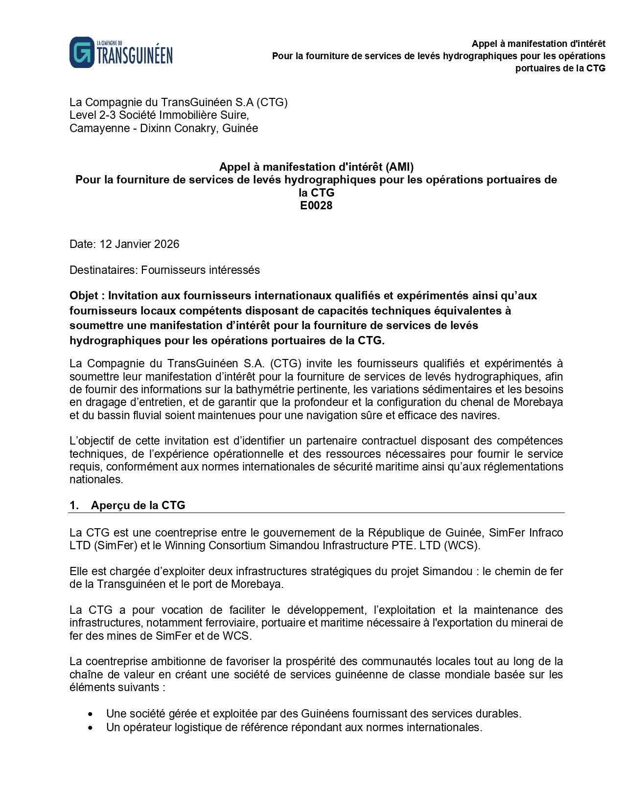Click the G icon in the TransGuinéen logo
[82, 52]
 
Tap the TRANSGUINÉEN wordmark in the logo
[135, 56]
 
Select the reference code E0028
[316, 205]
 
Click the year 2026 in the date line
[166, 244]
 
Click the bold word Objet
[84, 296]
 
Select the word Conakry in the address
[196, 128]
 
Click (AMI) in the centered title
[400, 167]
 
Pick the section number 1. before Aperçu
[74, 505]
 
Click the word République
[397, 533]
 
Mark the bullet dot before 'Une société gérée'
[91, 714]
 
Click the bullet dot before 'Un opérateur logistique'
[91, 728]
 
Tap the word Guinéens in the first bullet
[322, 714]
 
